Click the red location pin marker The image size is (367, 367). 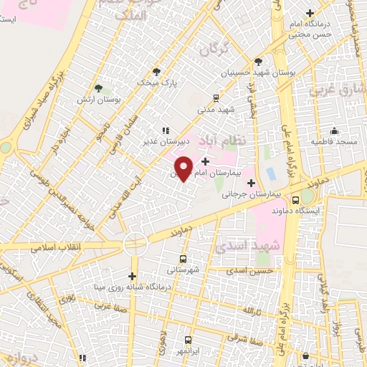coord(184,168)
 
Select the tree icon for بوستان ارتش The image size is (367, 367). coord(98,88)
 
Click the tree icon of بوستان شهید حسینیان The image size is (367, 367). coord(258,61)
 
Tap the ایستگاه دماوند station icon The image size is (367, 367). coord(296,200)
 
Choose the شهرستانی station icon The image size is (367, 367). coord(183,259)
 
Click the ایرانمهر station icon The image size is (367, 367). coord(188,340)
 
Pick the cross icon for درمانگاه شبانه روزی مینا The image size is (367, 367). coord(132,276)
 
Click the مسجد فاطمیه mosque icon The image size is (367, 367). coord(334,130)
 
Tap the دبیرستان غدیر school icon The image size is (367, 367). coord(166,130)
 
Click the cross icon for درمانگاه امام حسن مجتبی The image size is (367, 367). coord(310,13)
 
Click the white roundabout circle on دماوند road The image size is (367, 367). coord(135,244)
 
